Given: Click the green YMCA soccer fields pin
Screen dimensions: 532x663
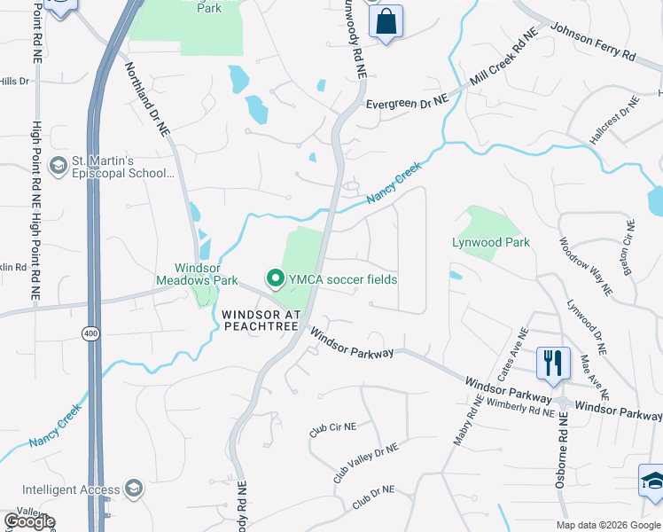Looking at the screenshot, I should tap(275, 280).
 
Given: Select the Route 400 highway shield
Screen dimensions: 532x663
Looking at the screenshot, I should tap(90, 333).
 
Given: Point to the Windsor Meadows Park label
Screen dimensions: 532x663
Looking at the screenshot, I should tap(207, 274).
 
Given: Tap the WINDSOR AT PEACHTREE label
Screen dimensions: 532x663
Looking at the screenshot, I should tap(261, 321).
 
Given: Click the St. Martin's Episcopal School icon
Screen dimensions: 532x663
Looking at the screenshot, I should tap(58, 166).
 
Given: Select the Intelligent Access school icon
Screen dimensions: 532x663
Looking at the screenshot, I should tap(134, 489).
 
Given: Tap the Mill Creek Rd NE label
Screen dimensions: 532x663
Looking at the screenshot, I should tap(503, 61).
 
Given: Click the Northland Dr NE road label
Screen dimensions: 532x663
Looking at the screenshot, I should tap(147, 98).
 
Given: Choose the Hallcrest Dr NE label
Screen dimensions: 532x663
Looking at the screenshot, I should tap(615, 122).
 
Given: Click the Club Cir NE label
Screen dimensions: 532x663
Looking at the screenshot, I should tap(332, 428).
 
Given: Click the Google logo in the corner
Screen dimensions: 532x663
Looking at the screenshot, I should tap(30, 521).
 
